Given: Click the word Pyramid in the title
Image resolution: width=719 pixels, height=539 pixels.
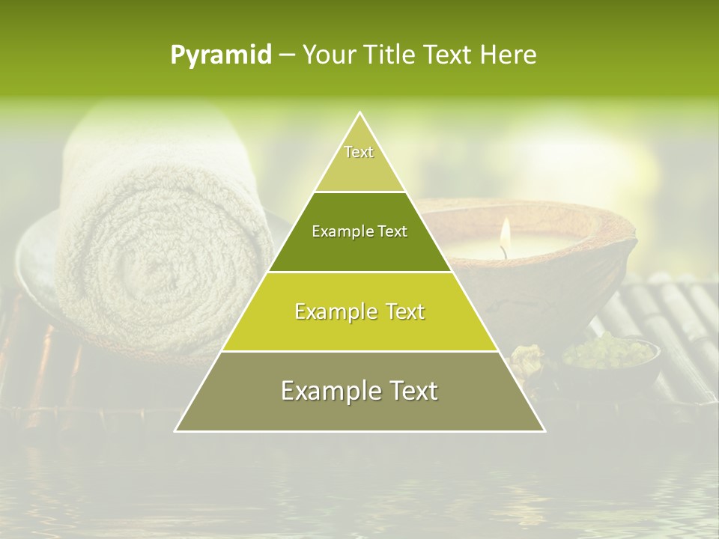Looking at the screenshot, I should click(221, 55).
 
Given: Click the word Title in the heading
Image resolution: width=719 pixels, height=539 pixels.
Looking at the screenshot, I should click(392, 55).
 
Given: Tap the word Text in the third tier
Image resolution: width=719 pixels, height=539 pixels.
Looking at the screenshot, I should click(401, 312).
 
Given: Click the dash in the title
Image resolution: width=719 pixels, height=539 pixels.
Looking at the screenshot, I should click(287, 55).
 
